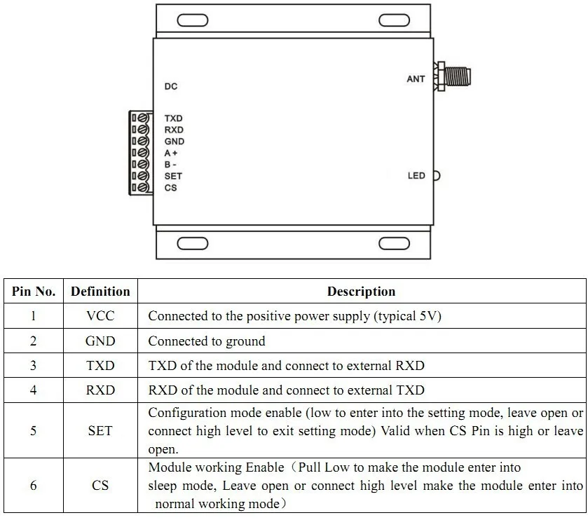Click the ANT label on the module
click(x=416, y=79)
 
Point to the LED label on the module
click(x=416, y=175)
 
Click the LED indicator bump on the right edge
click(x=436, y=175)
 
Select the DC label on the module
click(x=171, y=87)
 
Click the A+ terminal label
click(x=171, y=153)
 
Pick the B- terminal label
click(x=170, y=164)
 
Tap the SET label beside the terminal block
click(x=173, y=176)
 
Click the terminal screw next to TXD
click(x=144, y=118)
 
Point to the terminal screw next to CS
click(x=144, y=188)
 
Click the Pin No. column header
click(x=33, y=292)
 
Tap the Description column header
click(x=361, y=292)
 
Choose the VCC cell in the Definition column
click(x=100, y=316)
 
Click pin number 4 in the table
click(x=33, y=390)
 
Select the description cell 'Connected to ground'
click(x=207, y=341)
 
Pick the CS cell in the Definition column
click(x=100, y=485)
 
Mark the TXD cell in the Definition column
click(x=100, y=366)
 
